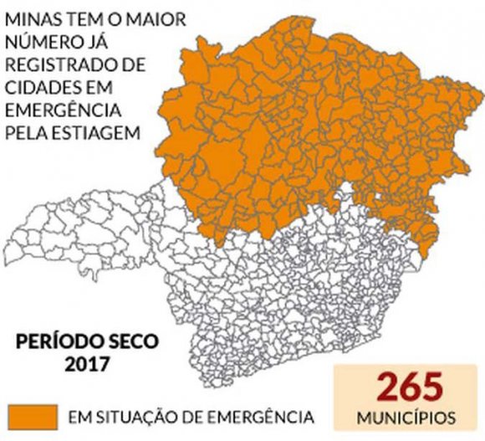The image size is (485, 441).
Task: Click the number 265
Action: (408, 387)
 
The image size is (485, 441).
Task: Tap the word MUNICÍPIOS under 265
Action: (408, 416)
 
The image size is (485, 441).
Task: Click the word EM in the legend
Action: (78, 416)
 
